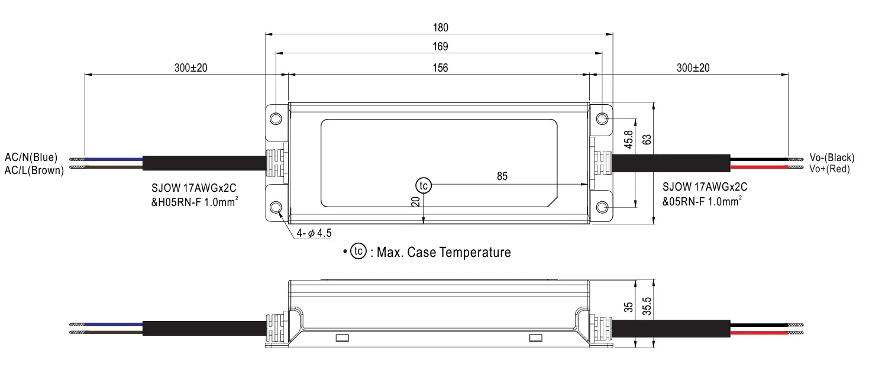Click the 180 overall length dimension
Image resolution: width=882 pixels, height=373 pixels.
tap(440, 27)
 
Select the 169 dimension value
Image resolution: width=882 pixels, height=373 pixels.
tap(440, 46)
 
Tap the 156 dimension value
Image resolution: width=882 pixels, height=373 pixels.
tap(440, 67)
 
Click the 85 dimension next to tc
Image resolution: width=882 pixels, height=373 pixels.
tap(502, 176)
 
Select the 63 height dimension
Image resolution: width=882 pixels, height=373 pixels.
tap(647, 140)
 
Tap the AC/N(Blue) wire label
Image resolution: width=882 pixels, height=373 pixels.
tap(31, 157)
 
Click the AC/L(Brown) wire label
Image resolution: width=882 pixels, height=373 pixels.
tap(34, 171)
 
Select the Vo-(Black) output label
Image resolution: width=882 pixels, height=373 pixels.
tap(832, 157)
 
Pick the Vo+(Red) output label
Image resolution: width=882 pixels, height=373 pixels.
tap(829, 169)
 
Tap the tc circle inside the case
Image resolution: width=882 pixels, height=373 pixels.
tap(423, 185)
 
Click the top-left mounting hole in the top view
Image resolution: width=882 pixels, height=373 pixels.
tap(276, 118)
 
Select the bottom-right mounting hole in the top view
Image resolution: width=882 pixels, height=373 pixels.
tap(602, 207)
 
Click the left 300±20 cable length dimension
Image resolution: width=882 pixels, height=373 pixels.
tap(190, 67)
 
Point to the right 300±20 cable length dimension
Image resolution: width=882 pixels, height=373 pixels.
tap(693, 67)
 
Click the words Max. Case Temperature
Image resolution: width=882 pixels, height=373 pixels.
tap(444, 253)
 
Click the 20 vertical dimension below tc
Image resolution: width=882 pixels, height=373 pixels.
tap(416, 202)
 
